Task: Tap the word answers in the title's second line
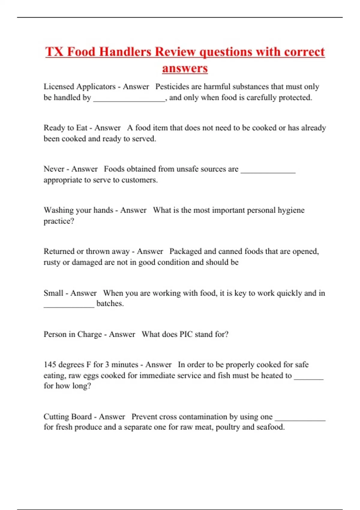click(x=185, y=68)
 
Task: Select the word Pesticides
click(x=172, y=87)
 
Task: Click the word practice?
click(x=59, y=221)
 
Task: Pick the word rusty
click(x=52, y=262)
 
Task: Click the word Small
click(x=53, y=293)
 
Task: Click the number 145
click(x=50, y=364)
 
